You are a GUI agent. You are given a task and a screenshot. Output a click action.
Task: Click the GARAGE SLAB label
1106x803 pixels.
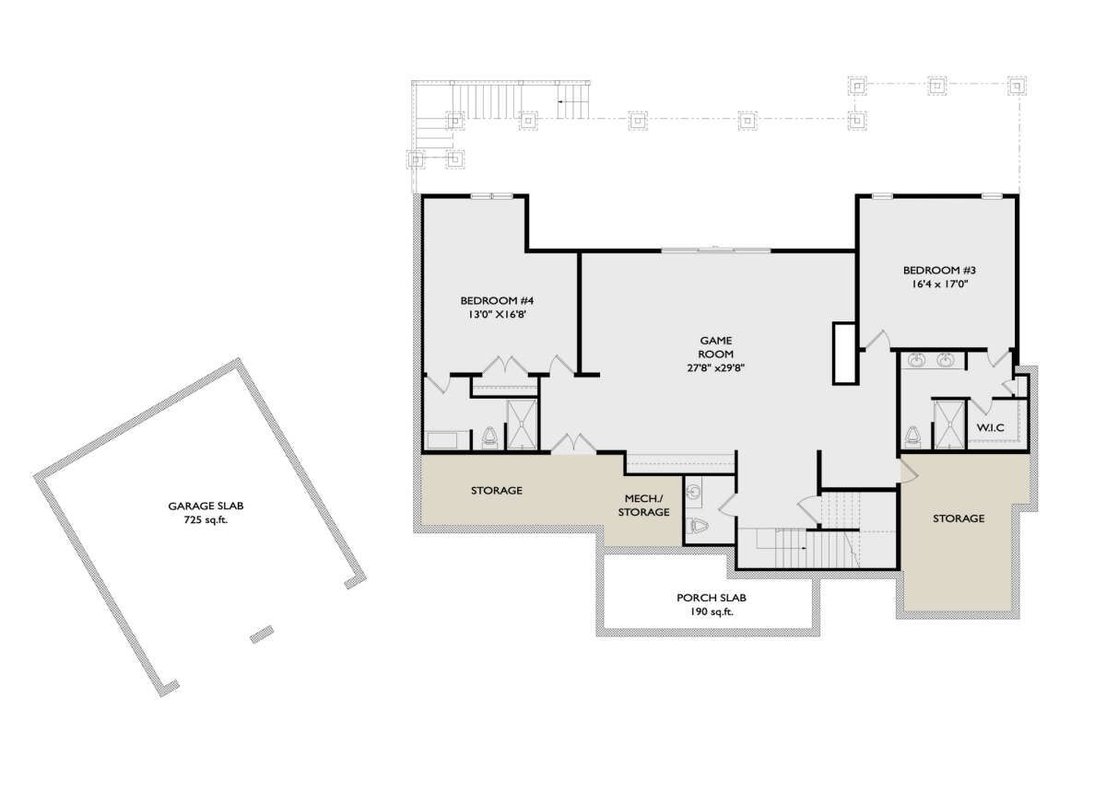tap(206, 506)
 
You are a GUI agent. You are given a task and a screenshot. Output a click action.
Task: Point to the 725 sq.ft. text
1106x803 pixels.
tap(206, 520)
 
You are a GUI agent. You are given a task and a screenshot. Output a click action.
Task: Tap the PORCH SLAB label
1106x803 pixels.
tap(712, 598)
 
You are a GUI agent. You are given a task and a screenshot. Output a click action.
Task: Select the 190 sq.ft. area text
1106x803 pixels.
tap(712, 612)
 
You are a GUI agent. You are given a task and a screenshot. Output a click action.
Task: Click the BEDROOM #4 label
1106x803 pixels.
tap(497, 300)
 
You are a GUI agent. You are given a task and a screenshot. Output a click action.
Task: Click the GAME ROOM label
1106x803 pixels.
tap(716, 347)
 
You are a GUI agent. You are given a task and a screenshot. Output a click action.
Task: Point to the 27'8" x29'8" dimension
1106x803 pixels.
tap(716, 368)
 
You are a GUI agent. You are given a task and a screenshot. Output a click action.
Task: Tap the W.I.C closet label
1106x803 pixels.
tap(991, 427)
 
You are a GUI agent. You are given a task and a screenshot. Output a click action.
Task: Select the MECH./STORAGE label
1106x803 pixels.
tap(644, 506)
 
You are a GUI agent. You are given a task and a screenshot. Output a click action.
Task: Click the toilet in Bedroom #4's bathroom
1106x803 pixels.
tap(489, 437)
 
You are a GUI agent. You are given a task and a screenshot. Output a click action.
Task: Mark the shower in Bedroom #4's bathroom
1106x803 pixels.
tap(522, 425)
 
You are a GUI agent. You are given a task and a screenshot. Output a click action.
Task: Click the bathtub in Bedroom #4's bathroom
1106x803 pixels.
tap(448, 440)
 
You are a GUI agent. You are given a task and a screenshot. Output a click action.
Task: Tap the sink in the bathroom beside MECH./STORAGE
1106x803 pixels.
tap(693, 491)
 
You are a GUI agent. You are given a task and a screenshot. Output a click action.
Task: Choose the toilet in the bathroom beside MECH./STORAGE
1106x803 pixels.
tap(697, 525)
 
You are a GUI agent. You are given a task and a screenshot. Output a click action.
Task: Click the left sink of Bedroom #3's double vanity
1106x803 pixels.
tap(917, 361)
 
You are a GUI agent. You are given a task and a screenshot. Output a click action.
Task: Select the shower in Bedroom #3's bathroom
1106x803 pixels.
tap(948, 425)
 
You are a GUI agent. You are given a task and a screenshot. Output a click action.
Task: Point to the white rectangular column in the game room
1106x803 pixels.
tap(845, 354)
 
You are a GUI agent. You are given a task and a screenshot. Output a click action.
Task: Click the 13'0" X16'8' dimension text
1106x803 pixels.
tap(497, 314)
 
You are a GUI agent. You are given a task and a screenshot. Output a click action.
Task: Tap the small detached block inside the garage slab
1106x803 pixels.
tap(262, 634)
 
